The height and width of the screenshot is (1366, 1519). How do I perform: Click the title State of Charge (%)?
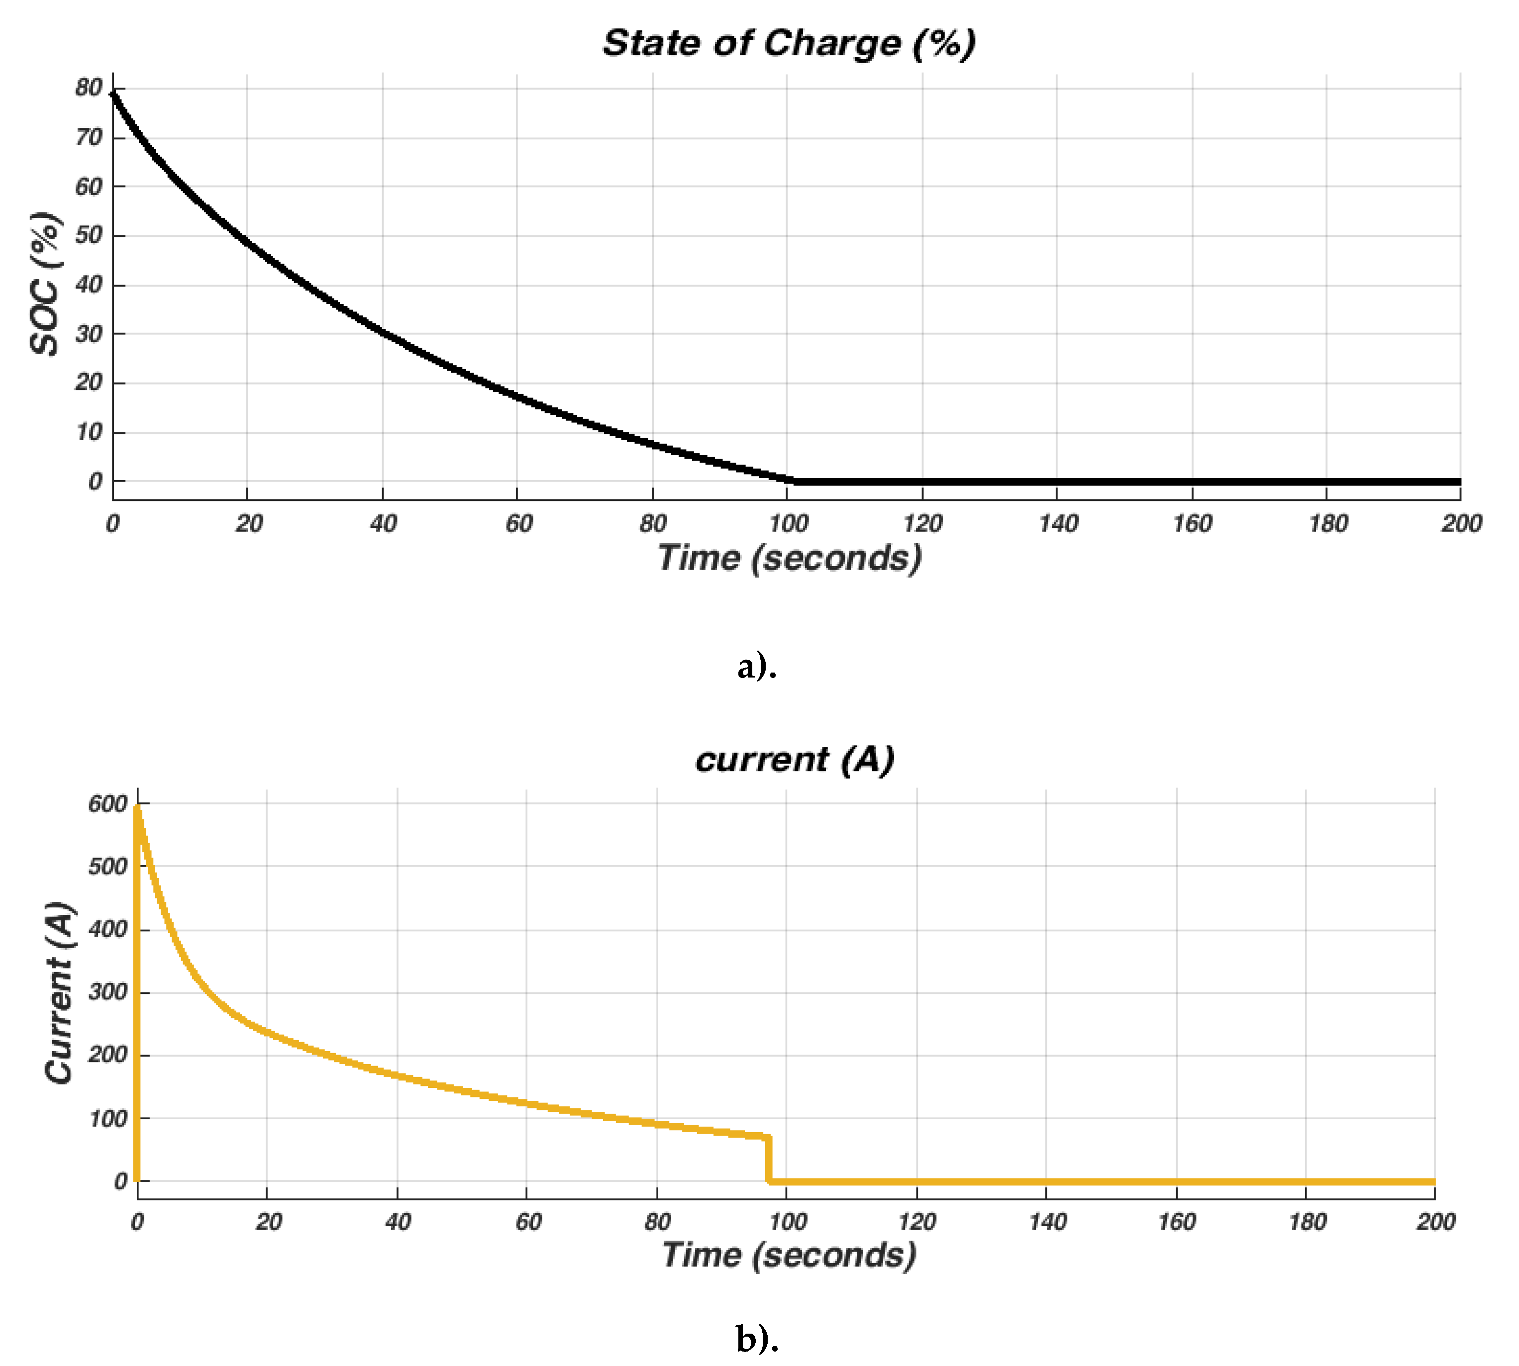pyautogui.click(x=789, y=44)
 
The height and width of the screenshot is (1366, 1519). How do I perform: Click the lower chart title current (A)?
pyautogui.click(x=795, y=760)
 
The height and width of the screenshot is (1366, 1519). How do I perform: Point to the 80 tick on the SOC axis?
pyautogui.click(x=89, y=88)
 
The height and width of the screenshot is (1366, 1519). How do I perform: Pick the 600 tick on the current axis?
pyautogui.click(x=107, y=804)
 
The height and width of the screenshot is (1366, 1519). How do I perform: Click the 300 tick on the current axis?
pyautogui.click(x=107, y=992)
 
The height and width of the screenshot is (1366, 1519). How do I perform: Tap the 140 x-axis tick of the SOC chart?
pyautogui.click(x=1057, y=523)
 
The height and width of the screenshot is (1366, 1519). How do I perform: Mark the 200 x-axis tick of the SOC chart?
pyautogui.click(x=1460, y=523)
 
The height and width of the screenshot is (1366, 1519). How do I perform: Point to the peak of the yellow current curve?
pyautogui.click(x=138, y=807)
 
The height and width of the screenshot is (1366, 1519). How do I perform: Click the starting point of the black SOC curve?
pyautogui.click(x=113, y=93)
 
